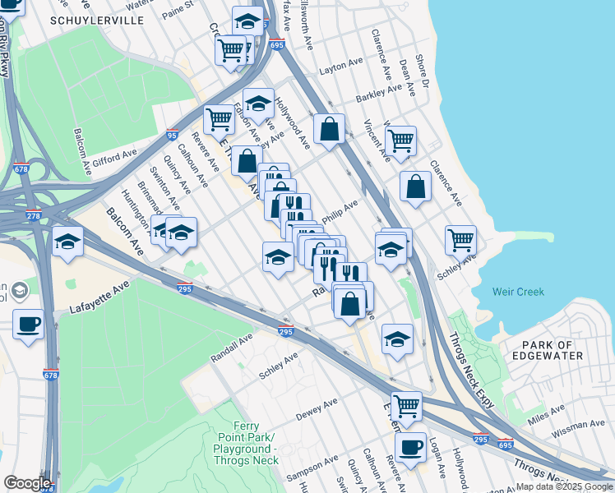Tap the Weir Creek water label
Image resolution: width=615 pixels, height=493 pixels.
518,292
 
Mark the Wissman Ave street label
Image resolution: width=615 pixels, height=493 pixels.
579,426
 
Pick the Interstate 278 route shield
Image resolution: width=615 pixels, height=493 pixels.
34,216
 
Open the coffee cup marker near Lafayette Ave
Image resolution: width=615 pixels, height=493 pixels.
29,324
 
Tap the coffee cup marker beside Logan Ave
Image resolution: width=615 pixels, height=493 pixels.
410,448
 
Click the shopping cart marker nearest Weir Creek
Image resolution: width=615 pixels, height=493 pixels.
460,240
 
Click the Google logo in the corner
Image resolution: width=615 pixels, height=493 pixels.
27,482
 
